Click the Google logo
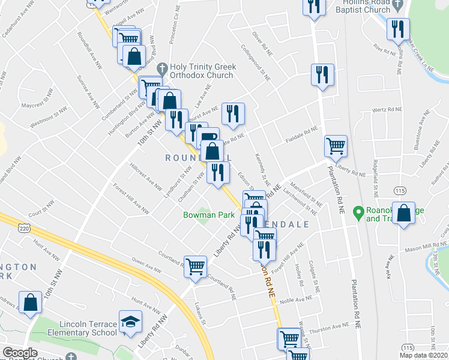(x=20, y=353)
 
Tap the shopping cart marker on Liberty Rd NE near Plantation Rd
(x=336, y=145)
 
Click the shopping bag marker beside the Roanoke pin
(x=405, y=213)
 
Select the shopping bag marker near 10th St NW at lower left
(x=30, y=302)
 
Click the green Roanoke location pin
(x=358, y=212)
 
